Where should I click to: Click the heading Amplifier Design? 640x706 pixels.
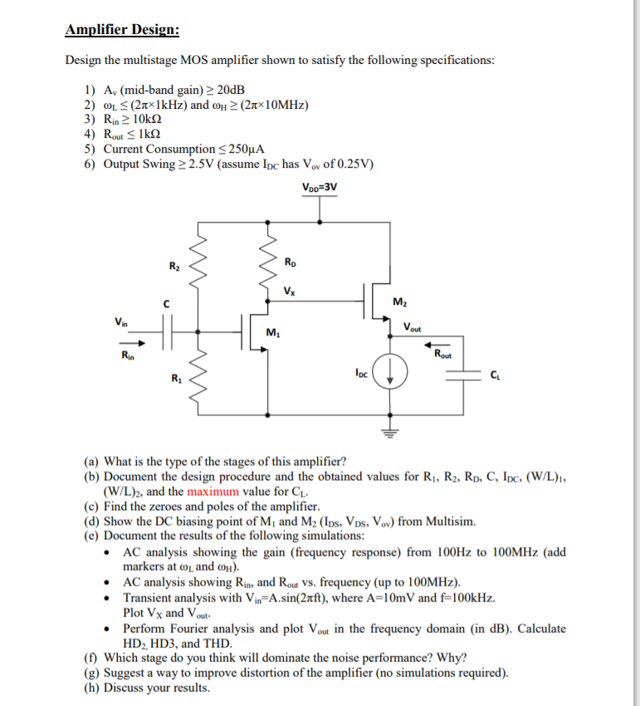click(122, 31)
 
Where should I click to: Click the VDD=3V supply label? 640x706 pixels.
click(320, 186)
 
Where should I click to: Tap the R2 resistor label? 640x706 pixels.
click(173, 266)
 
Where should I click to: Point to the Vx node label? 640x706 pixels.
click(287, 292)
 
